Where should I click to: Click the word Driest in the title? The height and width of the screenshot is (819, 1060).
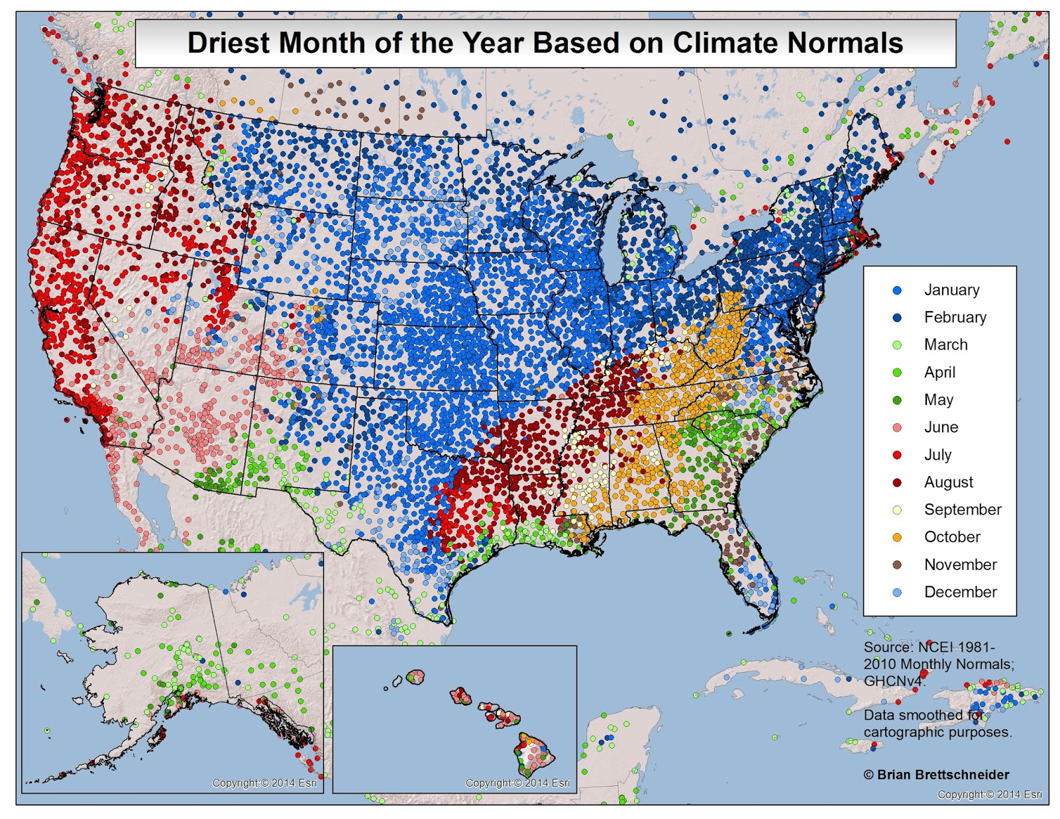pos(229,43)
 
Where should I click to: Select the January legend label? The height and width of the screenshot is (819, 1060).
pos(951,290)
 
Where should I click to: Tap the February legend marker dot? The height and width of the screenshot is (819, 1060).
pos(897,318)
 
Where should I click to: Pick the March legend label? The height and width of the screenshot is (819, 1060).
pos(945,345)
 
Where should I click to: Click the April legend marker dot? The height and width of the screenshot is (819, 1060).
pos(897,373)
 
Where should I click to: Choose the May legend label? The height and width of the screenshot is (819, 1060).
pos(938,400)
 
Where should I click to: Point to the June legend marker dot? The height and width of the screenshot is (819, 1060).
pos(897,428)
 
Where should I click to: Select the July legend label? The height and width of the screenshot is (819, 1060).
pos(937,455)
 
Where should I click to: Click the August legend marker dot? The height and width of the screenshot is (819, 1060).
pos(897,483)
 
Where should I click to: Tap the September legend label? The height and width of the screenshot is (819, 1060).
pos(963,510)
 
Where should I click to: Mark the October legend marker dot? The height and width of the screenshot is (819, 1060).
pos(897,538)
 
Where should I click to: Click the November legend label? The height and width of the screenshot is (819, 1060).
pos(960,565)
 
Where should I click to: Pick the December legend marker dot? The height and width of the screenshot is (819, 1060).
pos(897,593)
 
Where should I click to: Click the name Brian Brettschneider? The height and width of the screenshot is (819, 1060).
pos(943,775)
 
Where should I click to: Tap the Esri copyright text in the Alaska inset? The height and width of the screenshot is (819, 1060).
pos(264,783)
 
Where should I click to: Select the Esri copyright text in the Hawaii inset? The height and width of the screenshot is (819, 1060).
pos(517,783)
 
